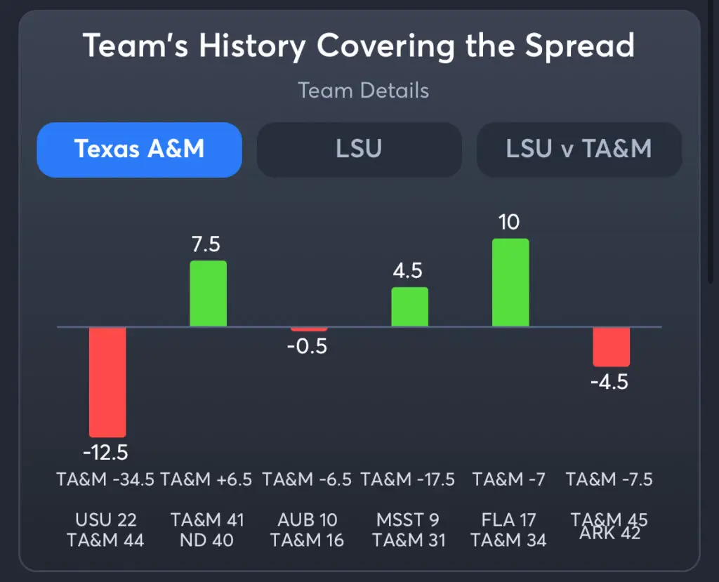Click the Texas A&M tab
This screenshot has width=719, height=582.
coord(139,150)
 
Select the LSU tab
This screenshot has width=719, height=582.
coord(359,150)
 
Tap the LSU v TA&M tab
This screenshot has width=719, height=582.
coord(579,150)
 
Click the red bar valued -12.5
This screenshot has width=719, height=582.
coord(107,382)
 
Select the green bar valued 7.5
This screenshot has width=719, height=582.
coord(208,293)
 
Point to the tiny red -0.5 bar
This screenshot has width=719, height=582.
coord(309,329)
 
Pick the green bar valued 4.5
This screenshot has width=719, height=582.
coord(409,307)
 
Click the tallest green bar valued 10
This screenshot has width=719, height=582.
coord(510,282)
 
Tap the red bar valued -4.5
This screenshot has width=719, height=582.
coord(611,347)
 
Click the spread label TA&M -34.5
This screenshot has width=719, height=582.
coord(106,480)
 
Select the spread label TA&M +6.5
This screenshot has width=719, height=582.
coord(207,480)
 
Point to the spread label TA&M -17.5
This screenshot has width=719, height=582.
coord(408,480)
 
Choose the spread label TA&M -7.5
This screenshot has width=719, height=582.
coord(609,480)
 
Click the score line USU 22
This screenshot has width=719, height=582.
coord(106,520)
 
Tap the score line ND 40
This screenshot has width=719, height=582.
coord(207,541)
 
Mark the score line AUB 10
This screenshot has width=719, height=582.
coord(308,520)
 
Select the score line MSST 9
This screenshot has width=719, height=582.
coord(408,520)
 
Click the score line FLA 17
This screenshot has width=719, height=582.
coord(509,520)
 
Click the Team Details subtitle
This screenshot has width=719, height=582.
coord(363,91)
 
